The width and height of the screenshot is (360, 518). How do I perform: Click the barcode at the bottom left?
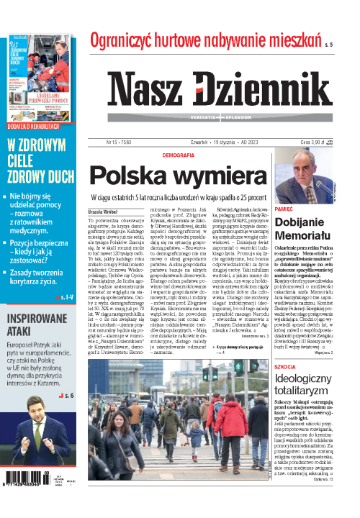pyautogui.click(x=27, y=489)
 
